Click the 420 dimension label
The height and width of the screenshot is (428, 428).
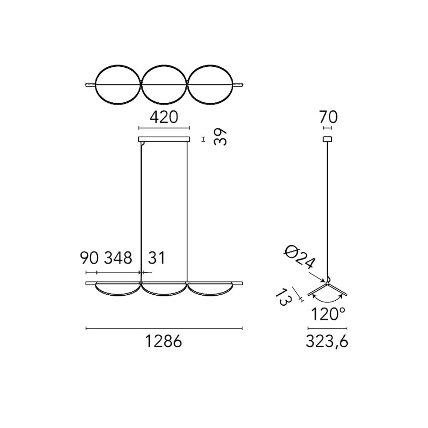pos(164,117)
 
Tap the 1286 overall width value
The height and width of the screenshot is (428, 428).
pos(164,341)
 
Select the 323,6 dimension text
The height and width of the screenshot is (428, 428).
pos(327,342)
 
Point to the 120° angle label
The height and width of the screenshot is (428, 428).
pos(328,314)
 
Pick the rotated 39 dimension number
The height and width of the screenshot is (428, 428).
pos(220,137)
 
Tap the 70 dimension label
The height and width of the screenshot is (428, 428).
pos(328,117)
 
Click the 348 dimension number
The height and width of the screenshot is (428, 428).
pos(118,258)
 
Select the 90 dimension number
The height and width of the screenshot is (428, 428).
pos(89,258)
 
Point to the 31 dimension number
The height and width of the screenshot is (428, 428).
pos(157,258)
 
